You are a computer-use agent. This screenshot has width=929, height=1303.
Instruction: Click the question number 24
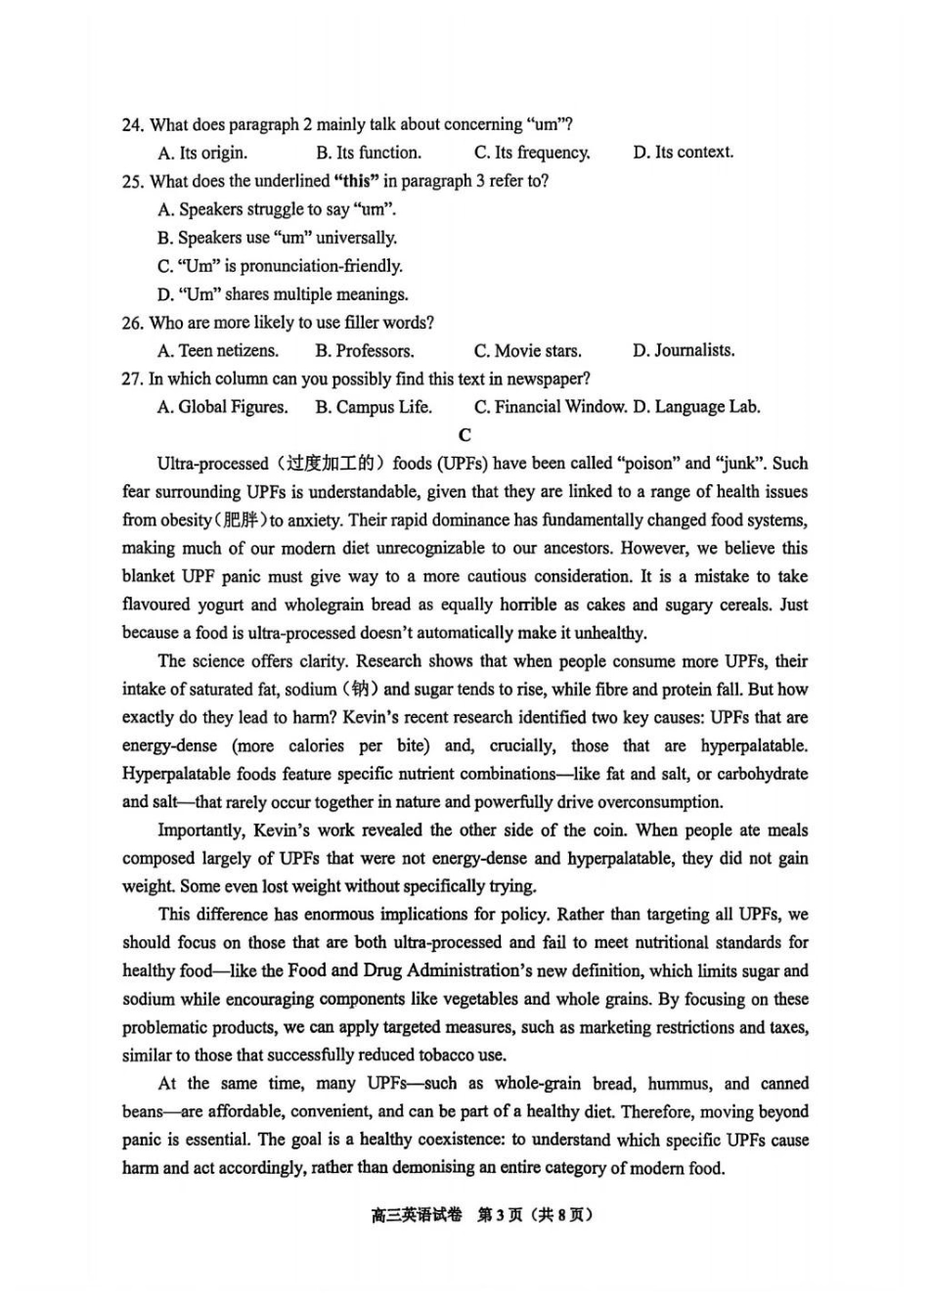click(x=133, y=125)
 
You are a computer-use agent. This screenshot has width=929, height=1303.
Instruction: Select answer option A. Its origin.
click(x=202, y=153)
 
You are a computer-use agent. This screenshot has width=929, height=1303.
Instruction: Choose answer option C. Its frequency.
click(x=532, y=153)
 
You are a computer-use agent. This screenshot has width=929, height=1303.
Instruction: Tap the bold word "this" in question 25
click(x=357, y=181)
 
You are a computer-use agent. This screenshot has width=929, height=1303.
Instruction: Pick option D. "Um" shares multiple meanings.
click(x=283, y=294)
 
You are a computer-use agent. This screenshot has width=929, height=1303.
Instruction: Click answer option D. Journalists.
click(x=683, y=350)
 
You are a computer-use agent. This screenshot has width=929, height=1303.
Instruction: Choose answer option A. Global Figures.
click(x=222, y=407)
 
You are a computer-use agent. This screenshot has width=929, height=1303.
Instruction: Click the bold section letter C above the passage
click(x=464, y=435)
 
